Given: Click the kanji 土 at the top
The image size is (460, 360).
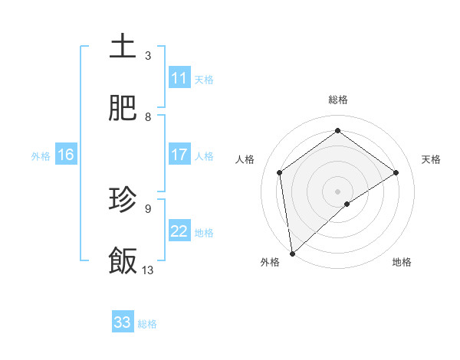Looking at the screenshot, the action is [123, 47].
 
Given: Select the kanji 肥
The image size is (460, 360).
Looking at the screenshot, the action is [123, 108].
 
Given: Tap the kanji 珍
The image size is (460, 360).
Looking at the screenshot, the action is [123, 200].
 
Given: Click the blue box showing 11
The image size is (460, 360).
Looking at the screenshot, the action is [179, 78].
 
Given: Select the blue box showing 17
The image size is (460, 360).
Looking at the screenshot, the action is [179, 155].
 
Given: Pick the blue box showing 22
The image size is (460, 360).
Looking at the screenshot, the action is [179, 231].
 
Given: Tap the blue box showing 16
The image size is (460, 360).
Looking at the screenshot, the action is [66, 155].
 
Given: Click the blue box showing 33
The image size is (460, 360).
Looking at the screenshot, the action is [123, 322].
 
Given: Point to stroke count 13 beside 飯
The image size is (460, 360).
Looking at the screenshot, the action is [148, 270].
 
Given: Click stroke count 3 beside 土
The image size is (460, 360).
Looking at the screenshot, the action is [148, 55].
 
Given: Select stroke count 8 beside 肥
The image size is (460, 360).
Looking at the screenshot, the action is [148, 116].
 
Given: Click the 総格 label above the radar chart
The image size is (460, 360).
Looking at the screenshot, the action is [338, 100].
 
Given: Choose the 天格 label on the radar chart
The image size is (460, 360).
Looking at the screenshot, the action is [431, 159].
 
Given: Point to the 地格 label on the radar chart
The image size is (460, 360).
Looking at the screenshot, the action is [402, 262].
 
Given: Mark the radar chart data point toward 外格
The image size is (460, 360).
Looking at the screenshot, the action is [291, 254].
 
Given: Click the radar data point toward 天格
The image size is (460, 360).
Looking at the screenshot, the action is [396, 172].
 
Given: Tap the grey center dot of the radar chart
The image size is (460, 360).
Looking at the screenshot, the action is [338, 191].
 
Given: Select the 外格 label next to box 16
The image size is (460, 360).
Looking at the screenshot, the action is [41, 155].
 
